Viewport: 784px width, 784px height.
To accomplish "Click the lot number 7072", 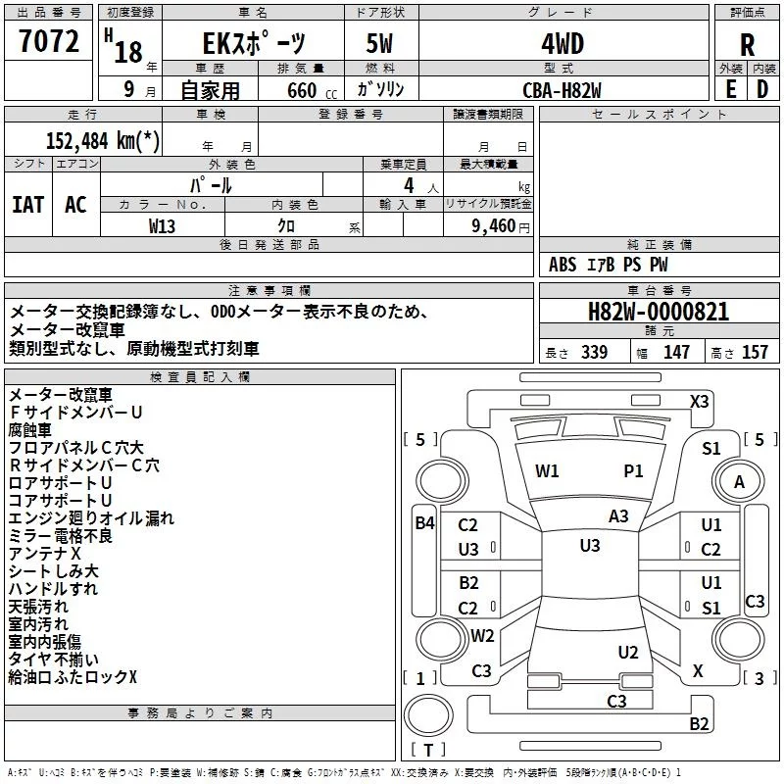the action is pos(49,41).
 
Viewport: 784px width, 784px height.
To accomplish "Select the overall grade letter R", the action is pos(747,45).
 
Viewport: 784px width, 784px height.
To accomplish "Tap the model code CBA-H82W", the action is pos(562,90).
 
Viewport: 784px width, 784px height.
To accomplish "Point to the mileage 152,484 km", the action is pos(103,140).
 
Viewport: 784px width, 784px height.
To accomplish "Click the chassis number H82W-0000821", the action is pos(659,312).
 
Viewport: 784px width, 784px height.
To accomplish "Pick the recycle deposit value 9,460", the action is pos(493,226).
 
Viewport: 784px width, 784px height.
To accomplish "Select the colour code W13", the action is pos(162,226).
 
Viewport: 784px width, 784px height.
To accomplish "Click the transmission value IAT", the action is pos(28,205).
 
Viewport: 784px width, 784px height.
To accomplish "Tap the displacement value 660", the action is pos(302,90).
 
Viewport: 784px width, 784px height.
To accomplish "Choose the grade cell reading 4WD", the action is pos(563,44).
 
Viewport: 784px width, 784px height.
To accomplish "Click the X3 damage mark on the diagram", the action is pos(699,402).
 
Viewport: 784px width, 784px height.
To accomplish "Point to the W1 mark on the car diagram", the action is pos(547,471).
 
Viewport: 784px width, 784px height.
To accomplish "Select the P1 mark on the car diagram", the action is pos(633,471).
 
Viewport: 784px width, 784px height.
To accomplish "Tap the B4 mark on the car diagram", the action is pos(424,523).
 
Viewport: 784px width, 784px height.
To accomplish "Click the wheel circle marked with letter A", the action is pos(739,481).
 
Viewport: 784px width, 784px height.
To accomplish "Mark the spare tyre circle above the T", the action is pos(428,714).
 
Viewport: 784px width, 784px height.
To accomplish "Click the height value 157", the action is pos(755,352).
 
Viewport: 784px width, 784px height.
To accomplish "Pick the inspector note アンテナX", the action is pos(44,554).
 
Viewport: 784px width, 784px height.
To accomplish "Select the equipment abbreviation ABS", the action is pos(562,265).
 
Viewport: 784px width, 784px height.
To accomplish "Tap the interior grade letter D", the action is pos(762,90).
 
